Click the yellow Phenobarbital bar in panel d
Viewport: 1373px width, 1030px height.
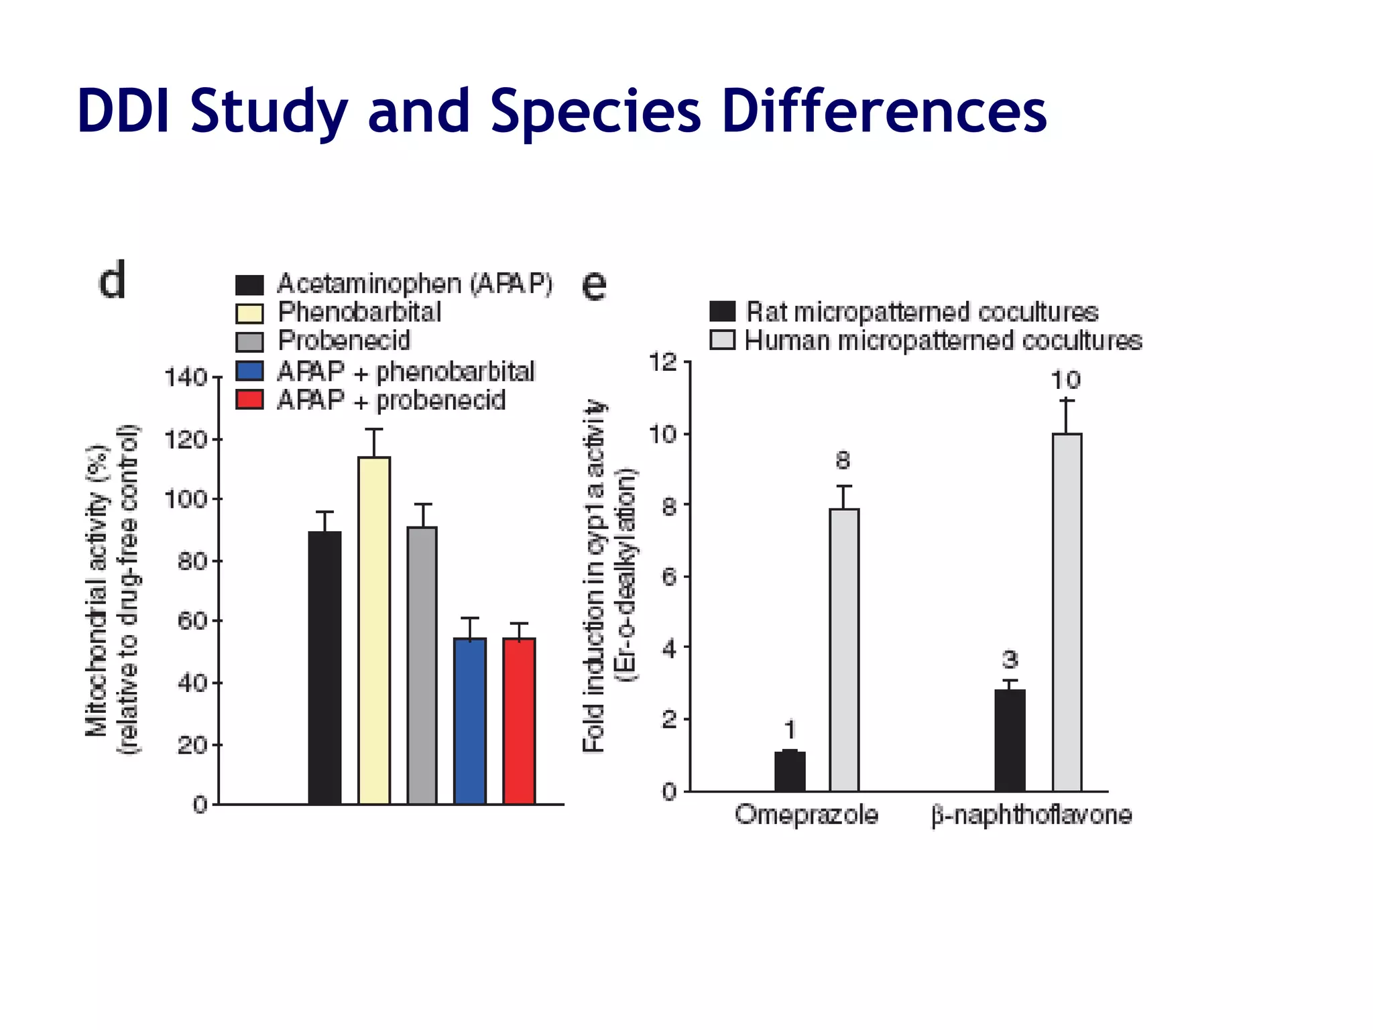click(x=374, y=630)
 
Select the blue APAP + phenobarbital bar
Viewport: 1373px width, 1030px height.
click(x=470, y=721)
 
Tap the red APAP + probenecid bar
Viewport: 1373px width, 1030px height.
click(x=519, y=721)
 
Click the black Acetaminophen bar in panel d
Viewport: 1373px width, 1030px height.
click(x=324, y=667)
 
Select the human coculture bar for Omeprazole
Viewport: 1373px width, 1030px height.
click(x=844, y=650)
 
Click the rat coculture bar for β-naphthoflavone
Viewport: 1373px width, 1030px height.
click(x=1010, y=740)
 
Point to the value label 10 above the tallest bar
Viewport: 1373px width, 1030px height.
click(x=1065, y=380)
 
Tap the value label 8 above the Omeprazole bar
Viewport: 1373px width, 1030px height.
click(x=843, y=461)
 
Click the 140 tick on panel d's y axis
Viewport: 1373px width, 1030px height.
click(x=186, y=378)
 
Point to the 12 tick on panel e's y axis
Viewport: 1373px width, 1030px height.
click(x=664, y=363)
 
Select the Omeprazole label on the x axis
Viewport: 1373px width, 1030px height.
click(x=807, y=815)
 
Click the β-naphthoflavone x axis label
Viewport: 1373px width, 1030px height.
click(x=1031, y=815)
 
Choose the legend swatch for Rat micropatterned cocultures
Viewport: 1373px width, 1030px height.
click(x=723, y=312)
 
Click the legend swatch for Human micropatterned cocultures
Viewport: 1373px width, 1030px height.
click(x=723, y=341)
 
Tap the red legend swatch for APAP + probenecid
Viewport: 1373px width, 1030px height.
click(x=249, y=400)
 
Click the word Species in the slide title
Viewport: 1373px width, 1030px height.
click(x=595, y=112)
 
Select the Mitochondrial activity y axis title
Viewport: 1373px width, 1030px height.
click(x=97, y=590)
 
